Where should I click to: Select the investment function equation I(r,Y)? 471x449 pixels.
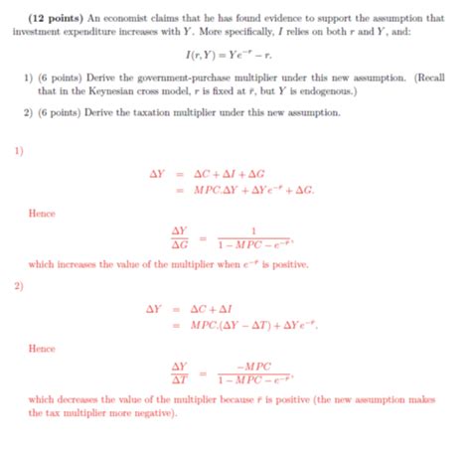pyautogui.click(x=235, y=58)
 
